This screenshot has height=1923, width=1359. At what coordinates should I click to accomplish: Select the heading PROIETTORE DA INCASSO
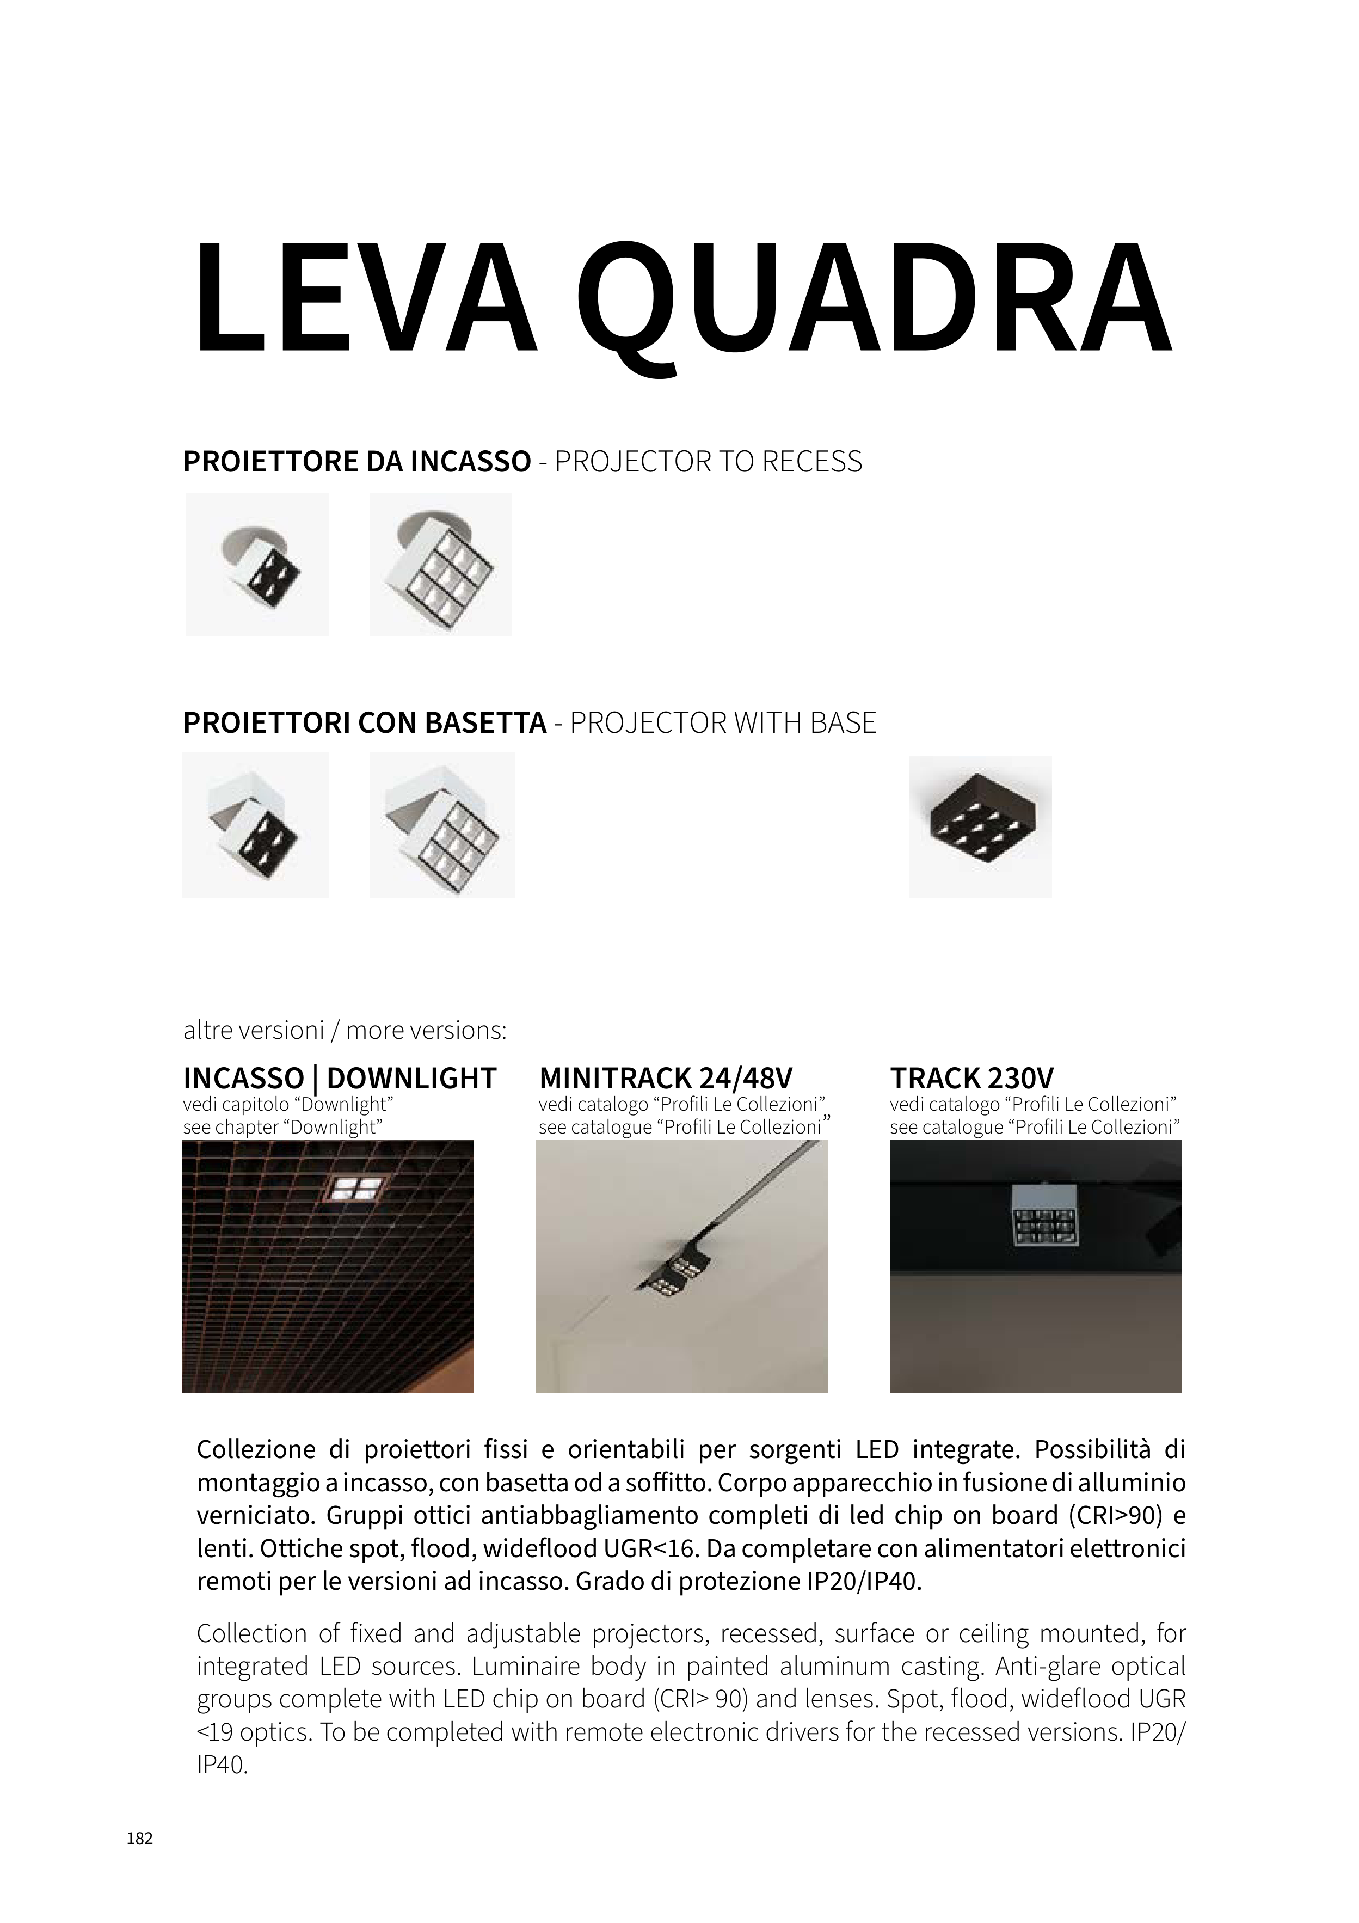pyautogui.click(x=356, y=462)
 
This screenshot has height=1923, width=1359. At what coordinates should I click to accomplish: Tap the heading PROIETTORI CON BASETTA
pyautogui.click(x=364, y=723)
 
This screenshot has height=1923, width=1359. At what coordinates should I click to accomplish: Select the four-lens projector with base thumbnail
pyautogui.click(x=255, y=826)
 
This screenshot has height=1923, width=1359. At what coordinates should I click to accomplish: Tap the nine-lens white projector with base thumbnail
pyautogui.click(x=442, y=826)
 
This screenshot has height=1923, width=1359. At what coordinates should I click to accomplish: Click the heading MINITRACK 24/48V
pyautogui.click(x=666, y=1078)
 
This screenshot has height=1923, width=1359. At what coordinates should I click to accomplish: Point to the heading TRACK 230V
pyautogui.click(x=971, y=1078)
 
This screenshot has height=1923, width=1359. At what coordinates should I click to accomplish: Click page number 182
pyautogui.click(x=140, y=1839)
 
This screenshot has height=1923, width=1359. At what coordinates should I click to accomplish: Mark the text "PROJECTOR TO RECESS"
pyautogui.click(x=709, y=462)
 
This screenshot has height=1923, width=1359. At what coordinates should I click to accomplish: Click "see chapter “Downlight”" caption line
pyautogui.click(x=282, y=1128)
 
